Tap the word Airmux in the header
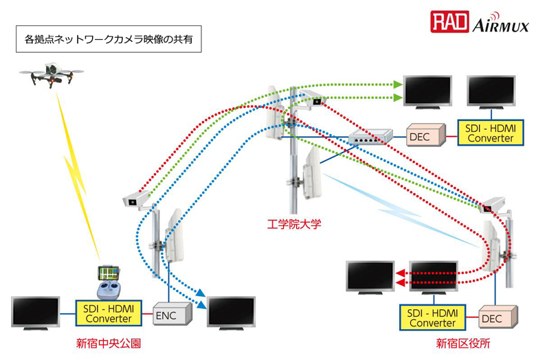(501, 25)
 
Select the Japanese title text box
(109, 40)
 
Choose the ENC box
(167, 315)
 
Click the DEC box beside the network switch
(419, 137)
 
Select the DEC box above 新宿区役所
(492, 318)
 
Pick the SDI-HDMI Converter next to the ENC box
(111, 314)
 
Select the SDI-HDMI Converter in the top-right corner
(490, 132)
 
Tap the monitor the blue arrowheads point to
(232, 313)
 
